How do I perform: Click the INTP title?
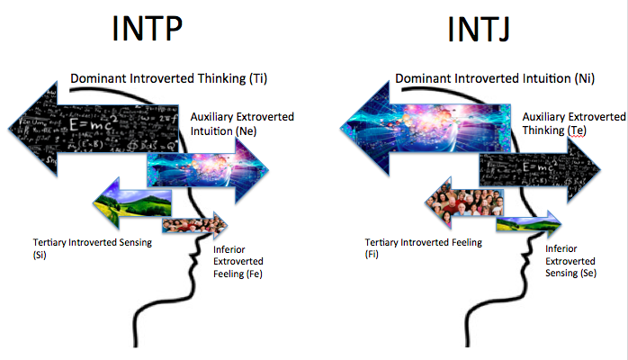click(x=147, y=29)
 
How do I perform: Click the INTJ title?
click(x=479, y=29)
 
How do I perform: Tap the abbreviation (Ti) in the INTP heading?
click(x=258, y=78)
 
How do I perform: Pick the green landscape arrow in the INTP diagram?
click(x=132, y=203)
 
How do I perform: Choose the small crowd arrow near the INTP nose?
click(x=194, y=226)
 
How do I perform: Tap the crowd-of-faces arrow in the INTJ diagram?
click(x=464, y=202)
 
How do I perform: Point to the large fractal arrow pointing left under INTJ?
click(x=426, y=129)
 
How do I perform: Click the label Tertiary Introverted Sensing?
click(x=93, y=243)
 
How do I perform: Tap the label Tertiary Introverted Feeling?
click(x=424, y=243)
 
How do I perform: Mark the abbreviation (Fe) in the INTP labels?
click(x=254, y=274)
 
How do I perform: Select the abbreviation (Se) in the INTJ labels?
click(x=588, y=274)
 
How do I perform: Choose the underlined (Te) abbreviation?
click(x=577, y=130)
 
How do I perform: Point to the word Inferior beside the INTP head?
click(x=229, y=249)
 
